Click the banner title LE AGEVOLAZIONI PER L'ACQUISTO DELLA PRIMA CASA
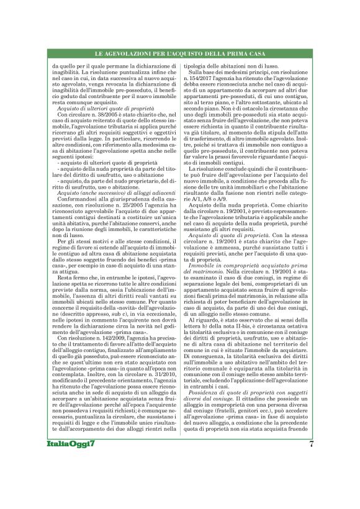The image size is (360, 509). (x=179, y=55)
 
